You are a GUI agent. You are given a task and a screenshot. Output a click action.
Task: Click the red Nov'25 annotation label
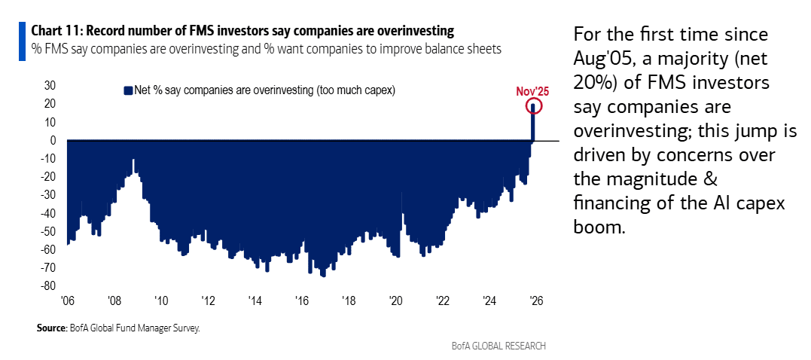(x=532, y=91)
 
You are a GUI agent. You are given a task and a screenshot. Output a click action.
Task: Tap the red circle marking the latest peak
(x=534, y=107)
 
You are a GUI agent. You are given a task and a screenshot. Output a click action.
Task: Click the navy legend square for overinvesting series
(x=127, y=90)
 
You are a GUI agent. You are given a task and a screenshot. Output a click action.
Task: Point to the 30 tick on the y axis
(x=50, y=86)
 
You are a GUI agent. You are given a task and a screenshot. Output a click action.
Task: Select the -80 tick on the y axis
(x=48, y=286)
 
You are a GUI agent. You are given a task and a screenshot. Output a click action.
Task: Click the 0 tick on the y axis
(x=53, y=140)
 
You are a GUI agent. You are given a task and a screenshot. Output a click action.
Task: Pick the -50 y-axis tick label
(x=48, y=231)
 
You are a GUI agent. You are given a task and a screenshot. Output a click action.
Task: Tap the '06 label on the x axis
(x=68, y=301)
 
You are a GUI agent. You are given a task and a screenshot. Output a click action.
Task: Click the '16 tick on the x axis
(x=302, y=301)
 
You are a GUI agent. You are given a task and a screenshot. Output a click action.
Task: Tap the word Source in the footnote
(x=50, y=328)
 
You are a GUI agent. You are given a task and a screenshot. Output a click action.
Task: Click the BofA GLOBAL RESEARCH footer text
(x=498, y=346)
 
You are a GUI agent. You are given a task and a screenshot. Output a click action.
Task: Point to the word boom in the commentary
(x=599, y=227)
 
